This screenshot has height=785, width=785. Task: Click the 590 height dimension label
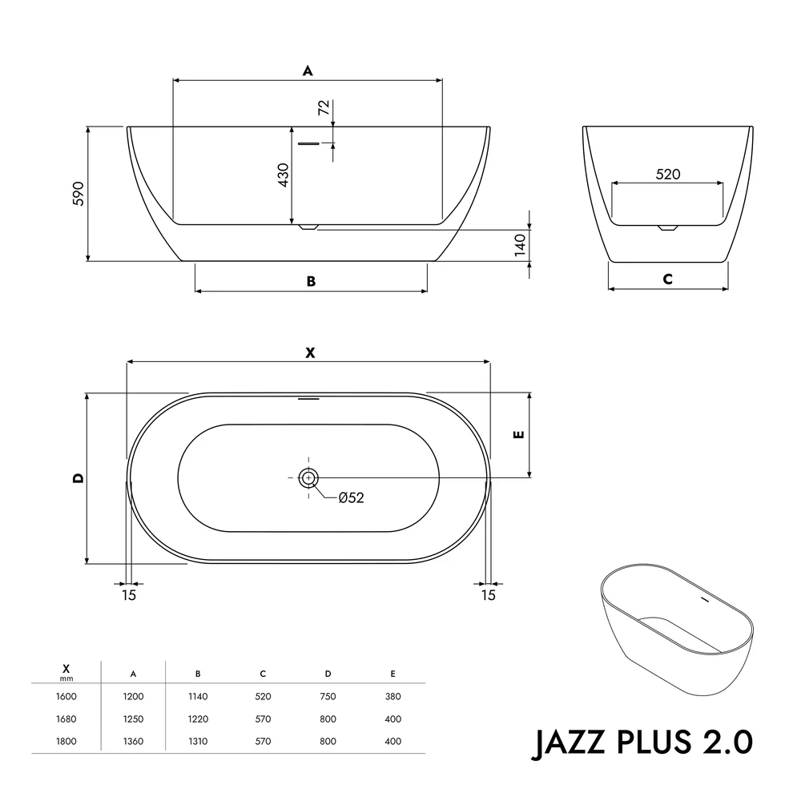click(78, 194)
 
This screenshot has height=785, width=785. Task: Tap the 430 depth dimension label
click(284, 175)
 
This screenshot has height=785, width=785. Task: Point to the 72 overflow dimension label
click(324, 107)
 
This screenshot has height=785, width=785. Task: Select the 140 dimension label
click(521, 245)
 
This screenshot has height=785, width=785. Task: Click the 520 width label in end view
click(668, 175)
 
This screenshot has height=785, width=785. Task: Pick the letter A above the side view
click(308, 70)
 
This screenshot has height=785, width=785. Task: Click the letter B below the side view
click(311, 281)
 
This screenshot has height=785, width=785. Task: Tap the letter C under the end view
click(667, 280)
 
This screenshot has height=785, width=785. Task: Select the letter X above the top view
click(311, 353)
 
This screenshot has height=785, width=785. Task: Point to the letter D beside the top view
click(78, 478)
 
